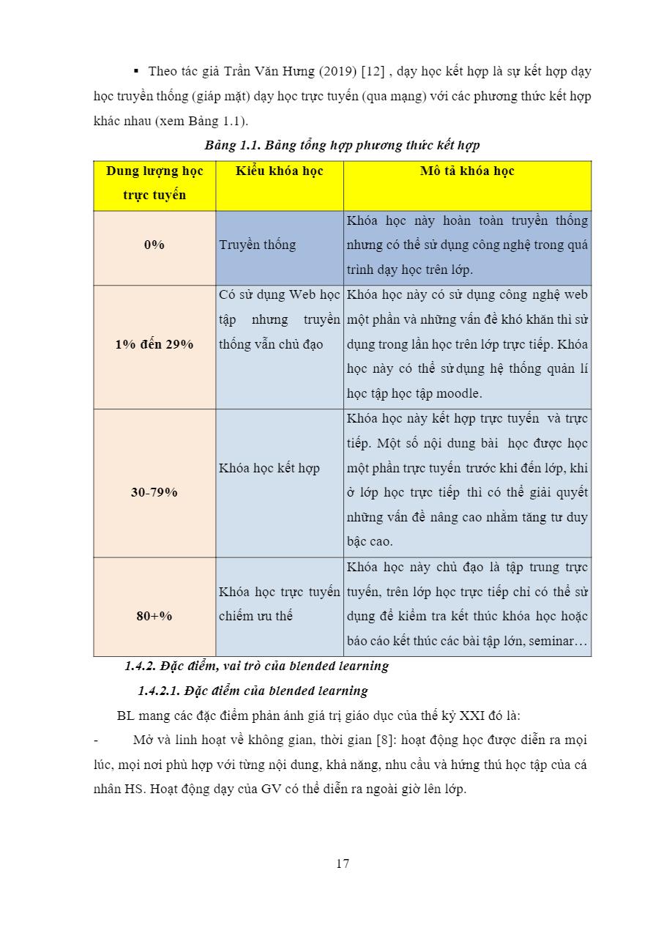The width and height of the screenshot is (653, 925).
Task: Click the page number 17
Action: pos(343,863)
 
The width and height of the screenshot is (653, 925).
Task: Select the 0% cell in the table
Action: pos(154,245)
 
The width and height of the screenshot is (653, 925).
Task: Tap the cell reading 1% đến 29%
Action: pos(154,344)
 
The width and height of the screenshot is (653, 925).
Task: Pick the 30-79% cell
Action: pos(154,492)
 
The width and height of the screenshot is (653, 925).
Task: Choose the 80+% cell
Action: pos(154,616)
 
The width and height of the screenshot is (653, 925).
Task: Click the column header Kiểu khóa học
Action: pos(280,171)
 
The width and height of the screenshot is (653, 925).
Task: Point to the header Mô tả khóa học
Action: pos(467,171)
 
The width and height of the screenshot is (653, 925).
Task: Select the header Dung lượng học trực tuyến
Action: pos(154,183)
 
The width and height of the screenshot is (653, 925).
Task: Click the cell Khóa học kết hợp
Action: pos(269,468)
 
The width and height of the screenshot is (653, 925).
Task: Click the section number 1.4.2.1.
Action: pos(159,691)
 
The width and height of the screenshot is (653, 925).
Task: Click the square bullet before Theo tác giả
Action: pos(136,72)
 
